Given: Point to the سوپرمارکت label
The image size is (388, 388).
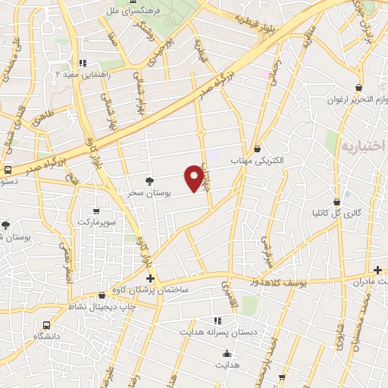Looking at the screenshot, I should point(95,224).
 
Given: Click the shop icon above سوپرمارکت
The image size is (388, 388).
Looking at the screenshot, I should point(95,211).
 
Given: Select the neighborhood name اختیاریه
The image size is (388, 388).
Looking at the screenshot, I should point(362,145).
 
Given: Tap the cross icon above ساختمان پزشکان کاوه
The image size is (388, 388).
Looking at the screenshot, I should point(151,279).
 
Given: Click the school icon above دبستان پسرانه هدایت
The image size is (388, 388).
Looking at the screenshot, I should point(217,321).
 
